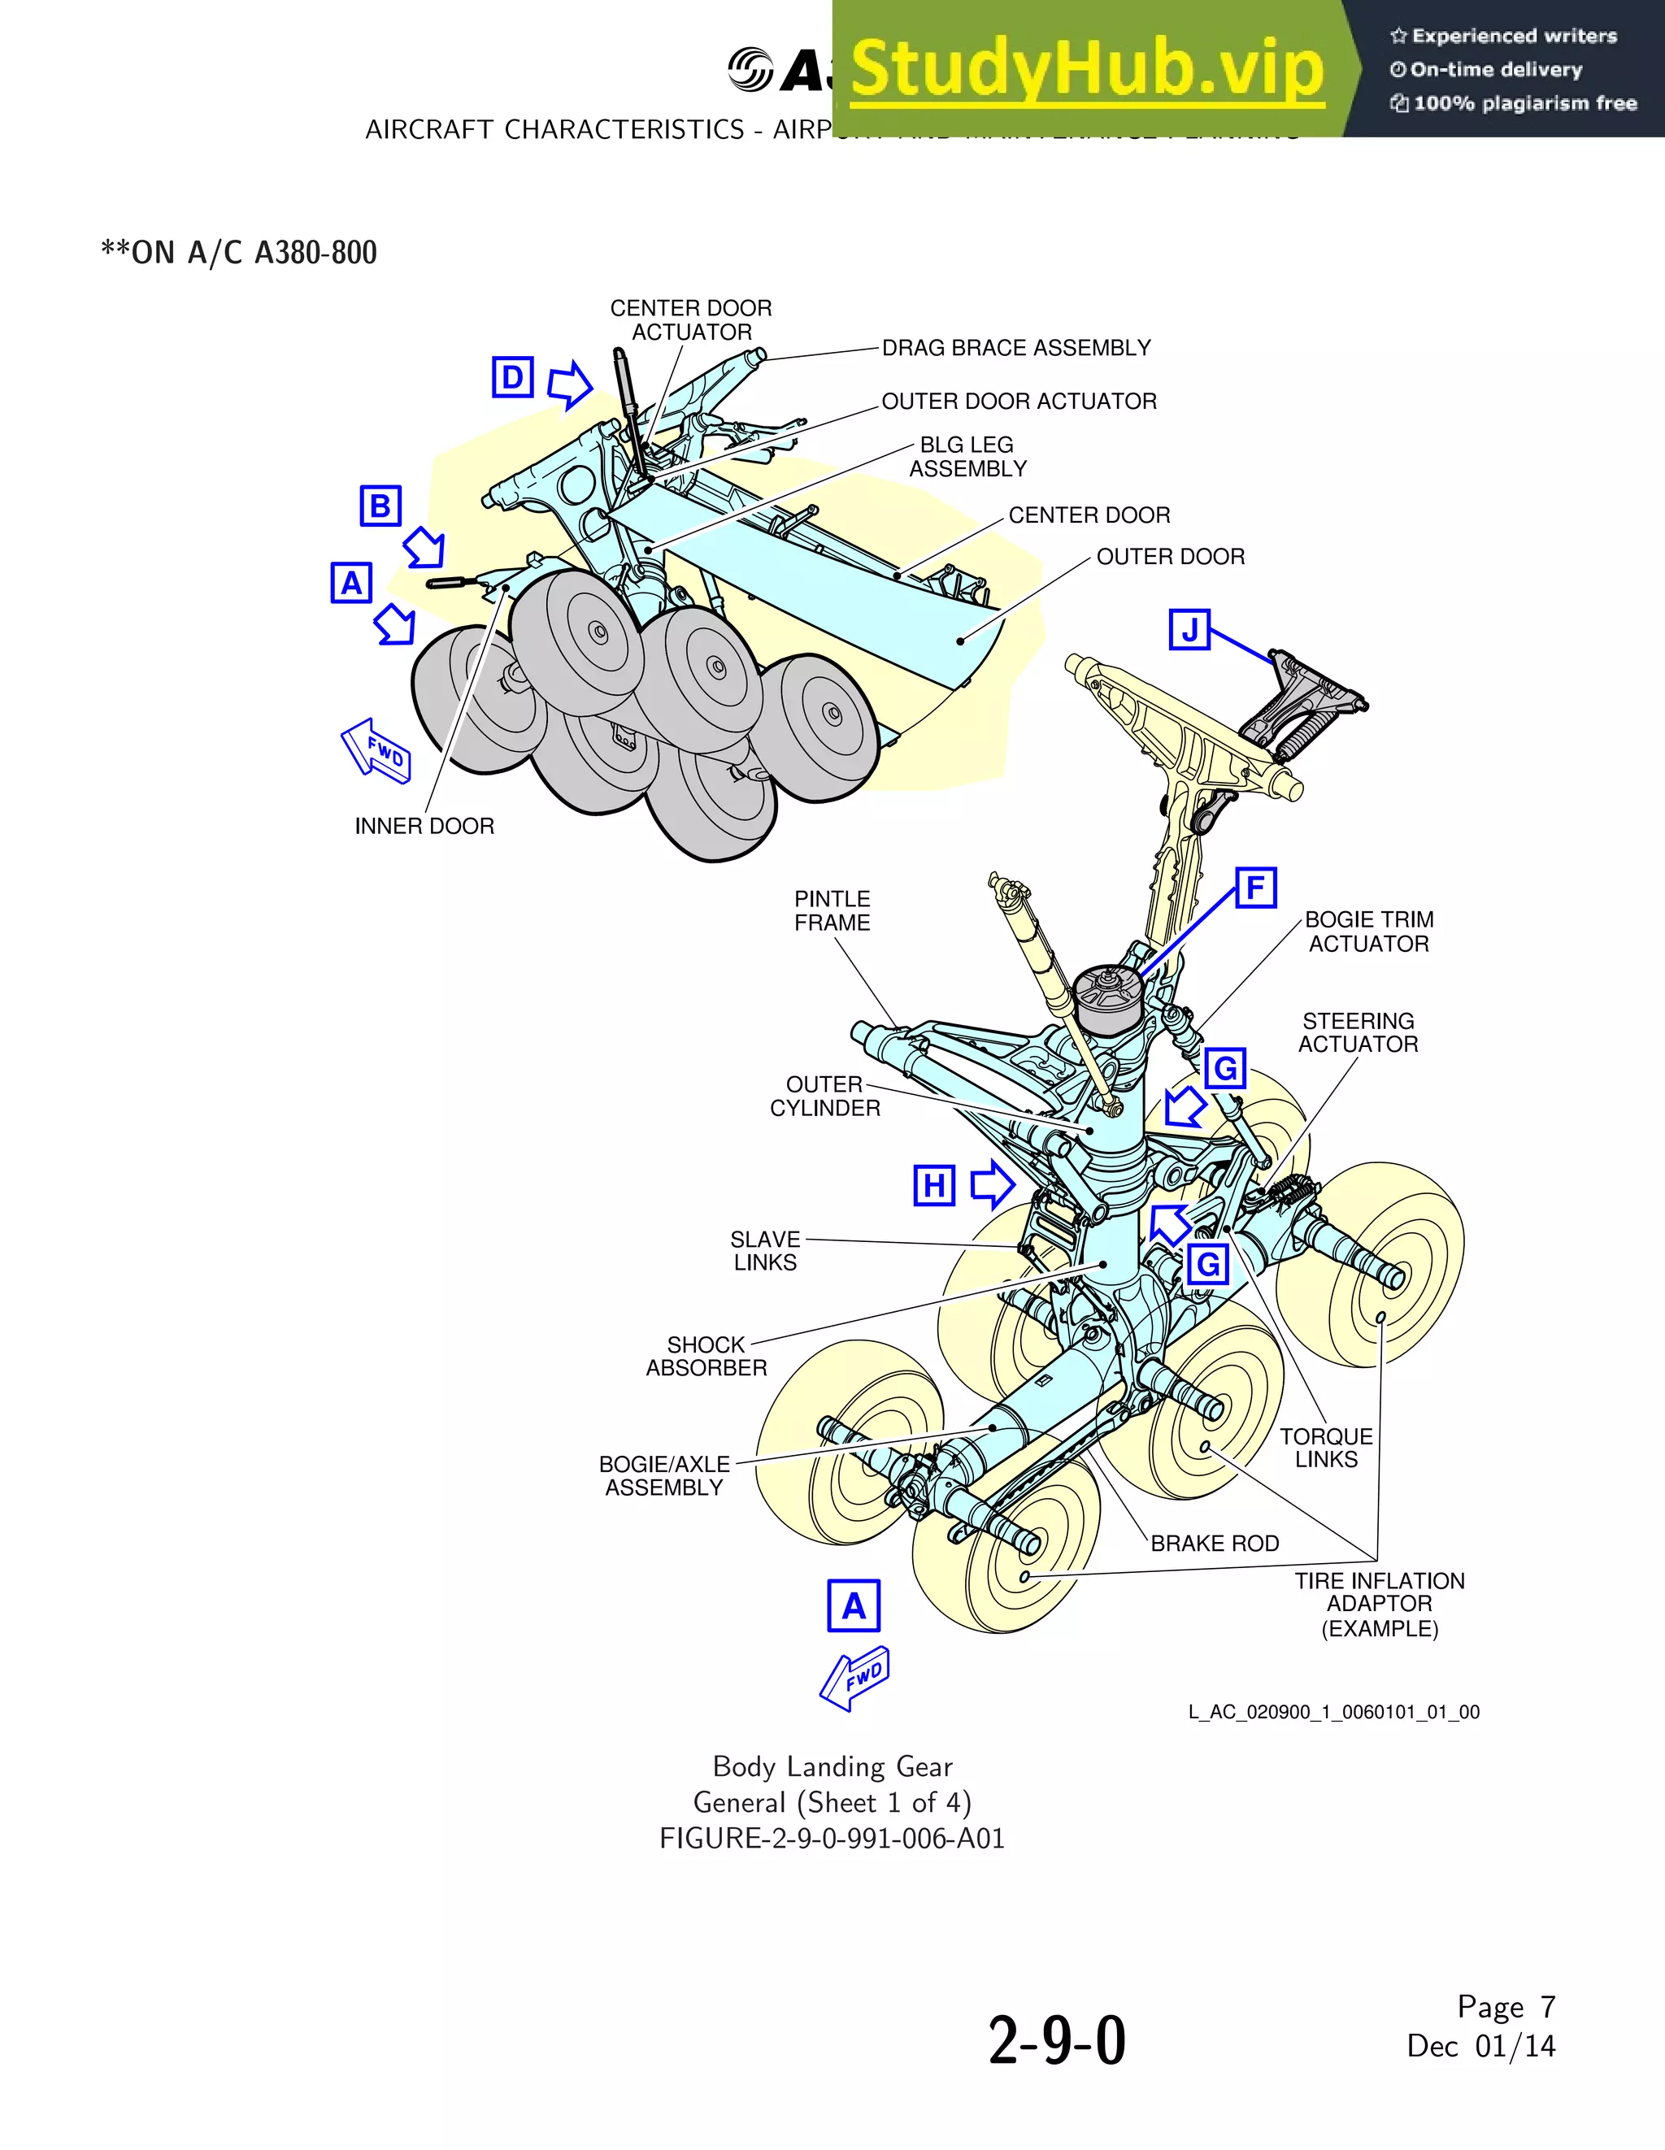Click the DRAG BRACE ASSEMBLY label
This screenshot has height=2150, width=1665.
pos(1016,348)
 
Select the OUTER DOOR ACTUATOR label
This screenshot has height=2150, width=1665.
pos(1019,402)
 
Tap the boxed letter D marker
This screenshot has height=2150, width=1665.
pos(513,377)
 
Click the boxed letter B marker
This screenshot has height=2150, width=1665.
pos(380,506)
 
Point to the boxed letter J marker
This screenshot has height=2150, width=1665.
pos(1189,629)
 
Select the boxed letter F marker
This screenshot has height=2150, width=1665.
pos(1255,888)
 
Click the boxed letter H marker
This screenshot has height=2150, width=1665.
pos(933,1185)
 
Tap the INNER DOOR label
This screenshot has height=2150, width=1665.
pos(424,826)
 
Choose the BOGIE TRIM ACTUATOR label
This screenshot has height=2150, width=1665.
pos(1368,932)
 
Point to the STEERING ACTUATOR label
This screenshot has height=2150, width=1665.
pos(1358,1032)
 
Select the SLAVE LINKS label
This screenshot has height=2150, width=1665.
pos(765,1250)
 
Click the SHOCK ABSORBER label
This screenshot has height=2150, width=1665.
pos(706,1356)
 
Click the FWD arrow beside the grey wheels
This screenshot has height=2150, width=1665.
pos(377,751)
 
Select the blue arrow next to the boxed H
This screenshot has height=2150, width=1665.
pos(992,1184)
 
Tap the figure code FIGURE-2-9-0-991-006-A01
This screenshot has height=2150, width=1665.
pos(832,1839)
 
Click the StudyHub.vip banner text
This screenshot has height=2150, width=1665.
pos(1087,69)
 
